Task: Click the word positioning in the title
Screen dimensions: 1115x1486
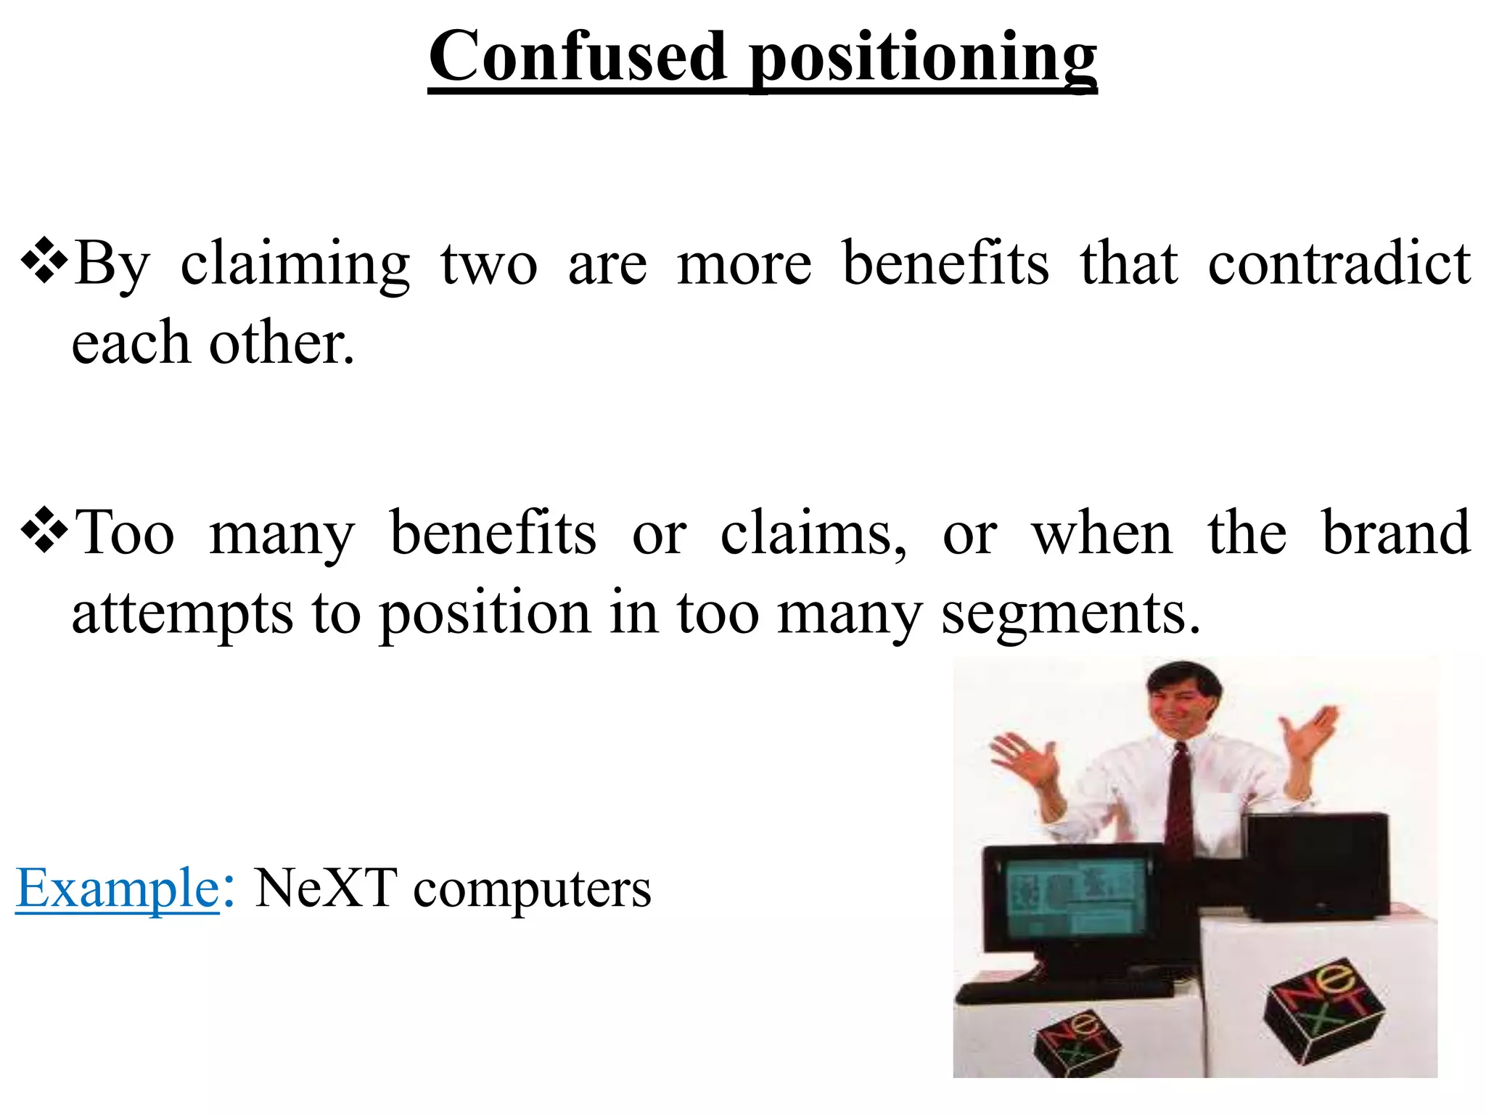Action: [x=923, y=60]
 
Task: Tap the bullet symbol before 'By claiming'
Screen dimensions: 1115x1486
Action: [x=44, y=263]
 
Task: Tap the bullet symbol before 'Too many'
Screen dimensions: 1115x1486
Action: [x=44, y=533]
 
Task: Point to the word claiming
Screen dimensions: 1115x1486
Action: [x=295, y=265]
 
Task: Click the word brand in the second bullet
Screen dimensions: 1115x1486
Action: [x=1395, y=533]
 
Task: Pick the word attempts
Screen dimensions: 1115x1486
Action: [x=182, y=614]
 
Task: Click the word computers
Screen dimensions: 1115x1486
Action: [x=532, y=890]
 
